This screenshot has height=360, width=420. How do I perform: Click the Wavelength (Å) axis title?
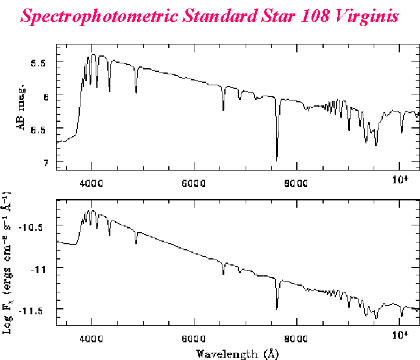coord(238,353)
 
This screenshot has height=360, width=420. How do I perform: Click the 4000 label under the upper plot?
coord(91,181)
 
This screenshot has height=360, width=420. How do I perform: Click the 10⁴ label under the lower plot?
coord(400,334)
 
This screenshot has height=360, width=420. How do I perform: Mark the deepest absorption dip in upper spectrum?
coord(277,160)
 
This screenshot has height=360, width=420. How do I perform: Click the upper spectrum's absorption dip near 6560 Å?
coord(223,110)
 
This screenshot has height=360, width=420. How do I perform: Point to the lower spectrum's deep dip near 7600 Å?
coord(277,308)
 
